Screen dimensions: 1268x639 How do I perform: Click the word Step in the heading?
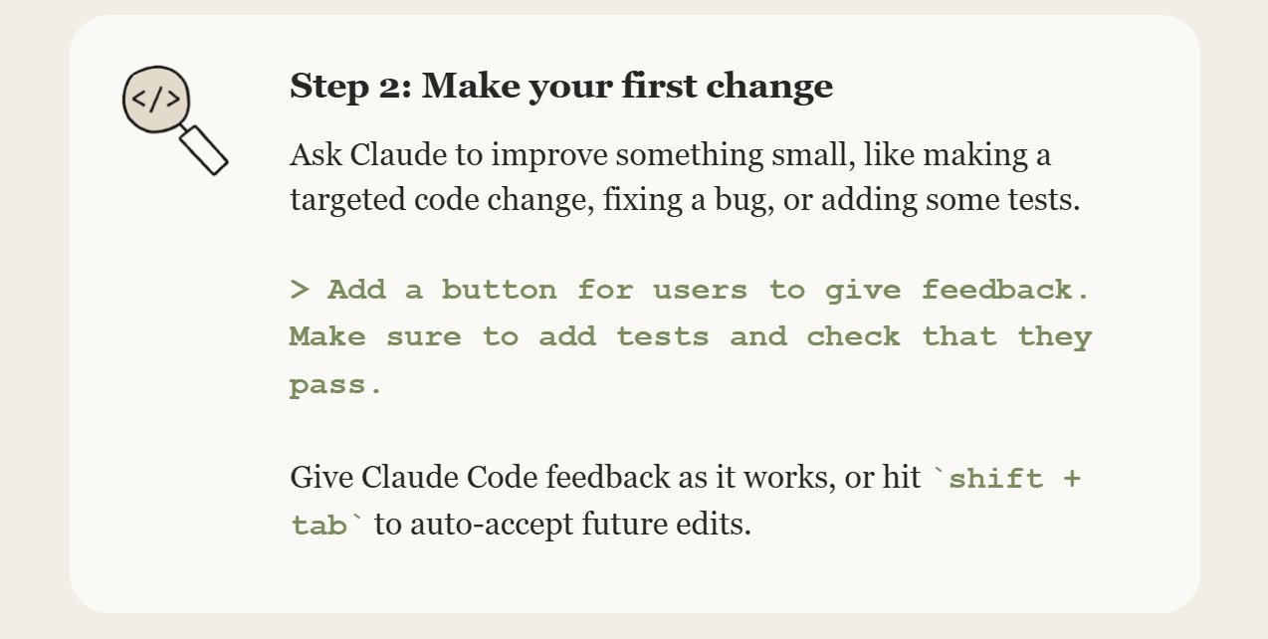tap(328, 87)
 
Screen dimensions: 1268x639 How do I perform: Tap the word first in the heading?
tap(658, 86)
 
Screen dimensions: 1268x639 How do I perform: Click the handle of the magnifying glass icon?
tap(204, 150)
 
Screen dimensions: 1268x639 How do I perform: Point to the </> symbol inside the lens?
tap(155, 99)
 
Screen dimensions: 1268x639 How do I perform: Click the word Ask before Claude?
tap(316, 154)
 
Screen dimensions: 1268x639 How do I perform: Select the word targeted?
tap(347, 200)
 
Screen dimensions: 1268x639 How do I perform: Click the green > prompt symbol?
tap(300, 290)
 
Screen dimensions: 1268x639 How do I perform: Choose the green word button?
tap(500, 290)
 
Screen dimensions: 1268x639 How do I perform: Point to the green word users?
tap(701, 291)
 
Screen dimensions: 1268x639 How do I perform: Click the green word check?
tap(853, 336)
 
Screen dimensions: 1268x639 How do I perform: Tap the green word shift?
tap(995, 478)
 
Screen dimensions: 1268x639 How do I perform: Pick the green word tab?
tap(318, 525)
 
